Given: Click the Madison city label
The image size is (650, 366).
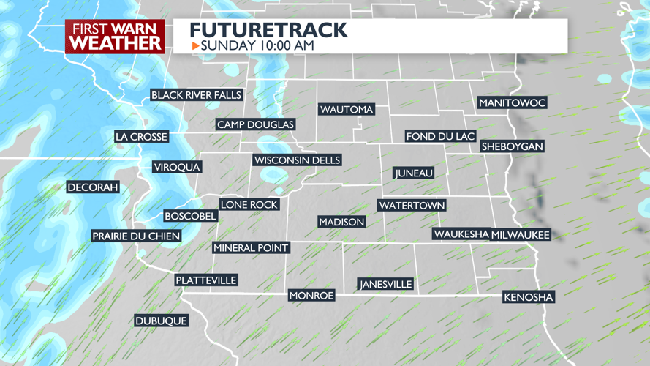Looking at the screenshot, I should click(341, 222).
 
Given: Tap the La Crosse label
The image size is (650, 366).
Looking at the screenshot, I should click(142, 137).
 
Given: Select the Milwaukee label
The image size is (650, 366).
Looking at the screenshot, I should click(521, 235).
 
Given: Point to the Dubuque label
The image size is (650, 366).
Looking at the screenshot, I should click(161, 321).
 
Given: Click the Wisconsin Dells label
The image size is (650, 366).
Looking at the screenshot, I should click(297, 160).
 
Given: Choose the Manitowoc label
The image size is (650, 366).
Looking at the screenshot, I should click(512, 103).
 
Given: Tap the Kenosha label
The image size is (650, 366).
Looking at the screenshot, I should click(529, 297).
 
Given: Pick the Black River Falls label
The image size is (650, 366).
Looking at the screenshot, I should click(196, 95).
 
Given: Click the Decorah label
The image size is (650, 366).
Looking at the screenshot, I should click(93, 188).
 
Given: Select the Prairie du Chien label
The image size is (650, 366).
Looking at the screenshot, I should click(136, 236).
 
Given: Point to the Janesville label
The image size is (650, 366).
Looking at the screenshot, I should click(385, 284).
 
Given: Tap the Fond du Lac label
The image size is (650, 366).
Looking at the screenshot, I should click(441, 137).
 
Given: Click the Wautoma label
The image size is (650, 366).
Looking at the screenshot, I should click(347, 110).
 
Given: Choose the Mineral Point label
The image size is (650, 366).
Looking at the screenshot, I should click(251, 248).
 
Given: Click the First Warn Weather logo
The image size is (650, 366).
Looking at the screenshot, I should click(115, 36).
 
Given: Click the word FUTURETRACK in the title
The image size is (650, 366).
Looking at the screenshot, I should click(268, 30).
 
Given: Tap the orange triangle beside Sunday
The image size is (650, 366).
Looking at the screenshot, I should click(195, 46).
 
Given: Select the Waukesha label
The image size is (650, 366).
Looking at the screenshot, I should click(461, 234).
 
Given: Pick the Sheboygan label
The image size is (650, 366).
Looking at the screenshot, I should click(512, 146).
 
